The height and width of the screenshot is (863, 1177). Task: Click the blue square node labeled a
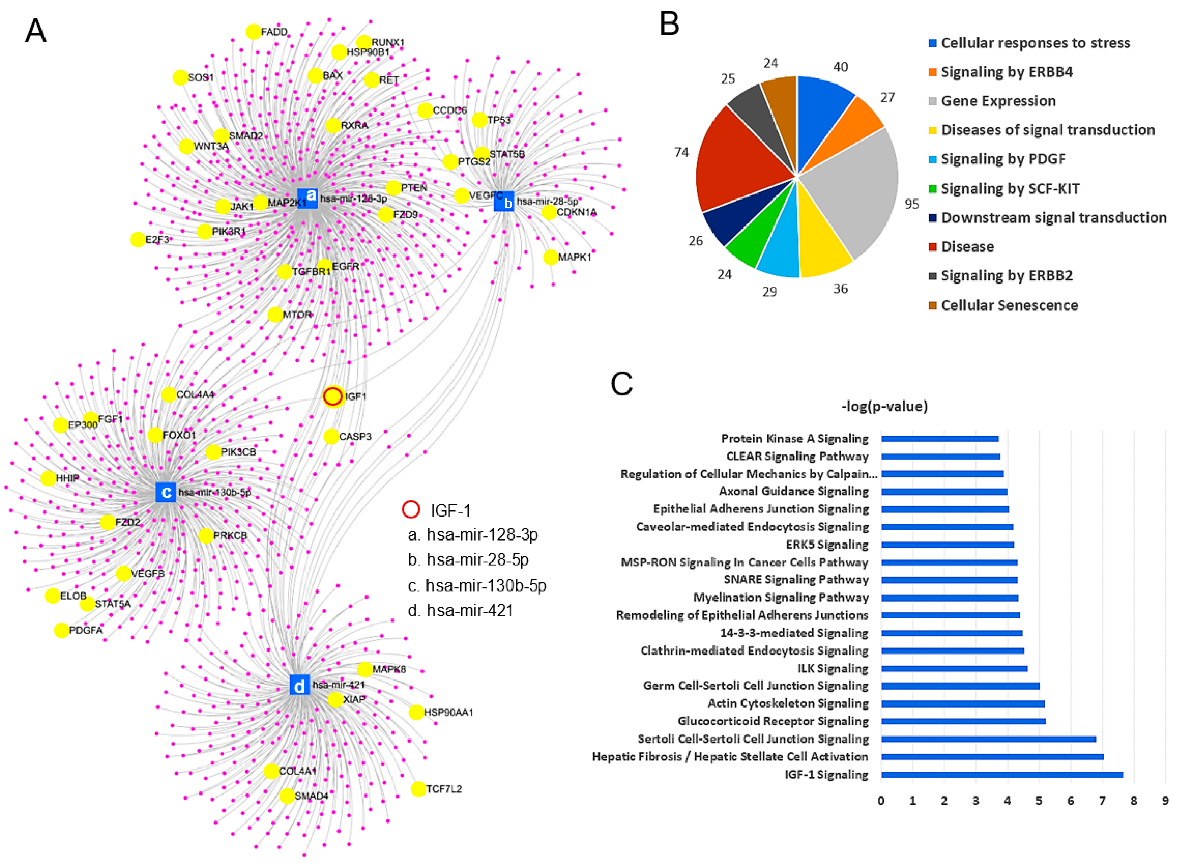point(307,198)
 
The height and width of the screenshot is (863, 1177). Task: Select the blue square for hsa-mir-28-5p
point(503,202)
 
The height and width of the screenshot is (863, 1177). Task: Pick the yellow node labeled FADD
point(253,32)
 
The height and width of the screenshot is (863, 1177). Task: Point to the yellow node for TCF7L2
point(418,789)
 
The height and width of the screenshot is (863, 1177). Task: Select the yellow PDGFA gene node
point(62,630)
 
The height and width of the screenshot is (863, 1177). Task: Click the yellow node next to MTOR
point(275,314)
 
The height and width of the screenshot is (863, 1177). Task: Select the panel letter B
point(669,25)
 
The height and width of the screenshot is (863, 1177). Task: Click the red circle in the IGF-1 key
point(411,509)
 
